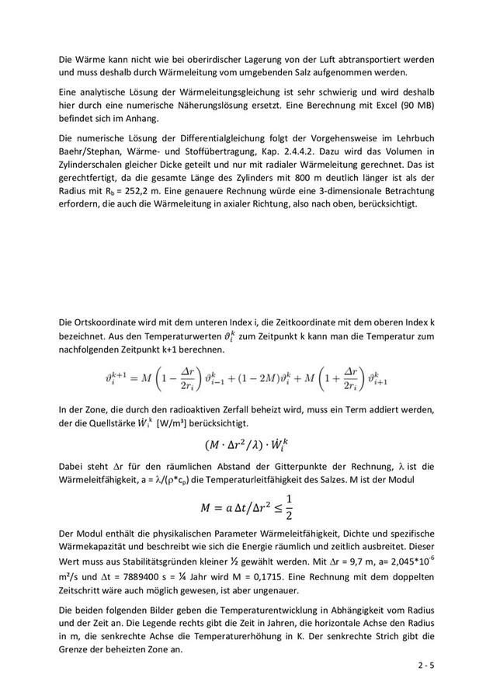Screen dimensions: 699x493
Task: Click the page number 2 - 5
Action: pyautogui.click(x=425, y=666)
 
